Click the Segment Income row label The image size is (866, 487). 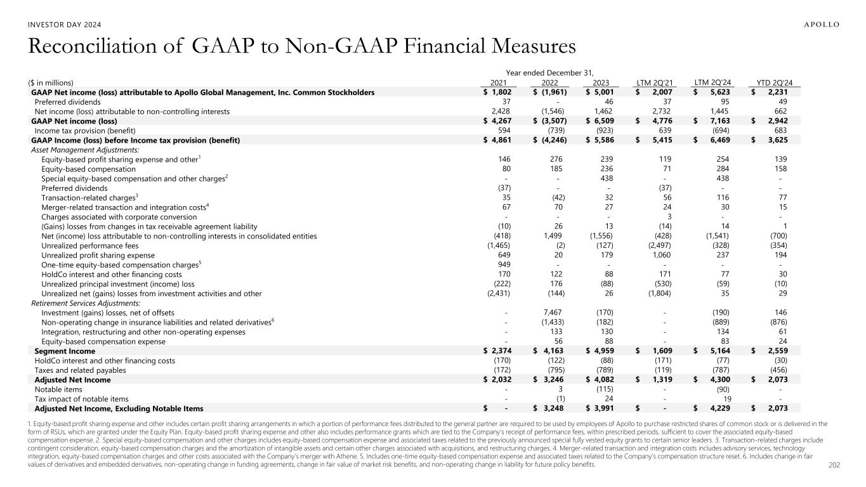[x=65, y=351]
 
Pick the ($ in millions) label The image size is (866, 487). [x=51, y=82]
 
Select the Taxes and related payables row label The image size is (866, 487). [x=80, y=370]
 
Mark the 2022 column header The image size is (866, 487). [x=554, y=82]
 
